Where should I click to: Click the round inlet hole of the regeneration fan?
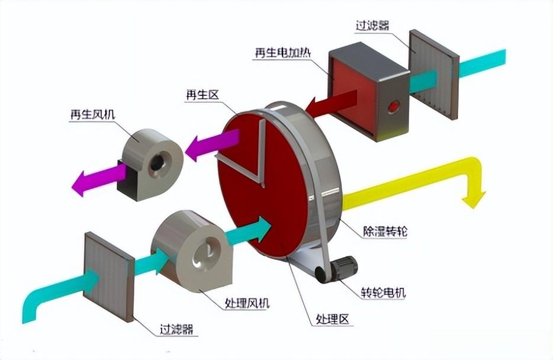(158, 161)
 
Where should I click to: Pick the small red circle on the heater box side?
(393, 107)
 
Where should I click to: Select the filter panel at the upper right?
(433, 74)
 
